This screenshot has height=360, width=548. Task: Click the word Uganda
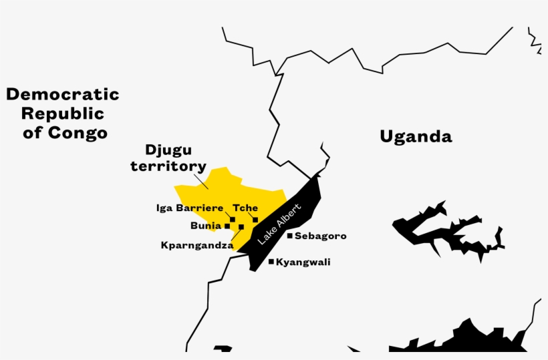tap(416, 137)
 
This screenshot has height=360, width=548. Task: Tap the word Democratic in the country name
tap(63, 94)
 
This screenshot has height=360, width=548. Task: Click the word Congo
tap(78, 132)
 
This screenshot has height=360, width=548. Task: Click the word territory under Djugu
tap(168, 166)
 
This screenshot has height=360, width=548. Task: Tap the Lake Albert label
tap(280, 221)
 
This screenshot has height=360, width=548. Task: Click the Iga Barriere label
tap(190, 208)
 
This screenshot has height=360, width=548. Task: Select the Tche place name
tap(245, 208)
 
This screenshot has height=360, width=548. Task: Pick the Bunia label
tap(205, 226)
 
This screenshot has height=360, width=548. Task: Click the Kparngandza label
tap(196, 245)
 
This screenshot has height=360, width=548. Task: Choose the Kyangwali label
tap(303, 262)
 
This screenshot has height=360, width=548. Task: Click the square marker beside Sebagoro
tap(289, 235)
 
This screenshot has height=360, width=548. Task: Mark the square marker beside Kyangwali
tap(271, 262)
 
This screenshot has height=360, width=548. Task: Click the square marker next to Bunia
tap(227, 226)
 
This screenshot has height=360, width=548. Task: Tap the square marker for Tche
tap(255, 219)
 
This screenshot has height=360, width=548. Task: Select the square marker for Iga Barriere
tap(233, 219)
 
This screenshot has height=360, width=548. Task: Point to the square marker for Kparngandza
tap(241, 227)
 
